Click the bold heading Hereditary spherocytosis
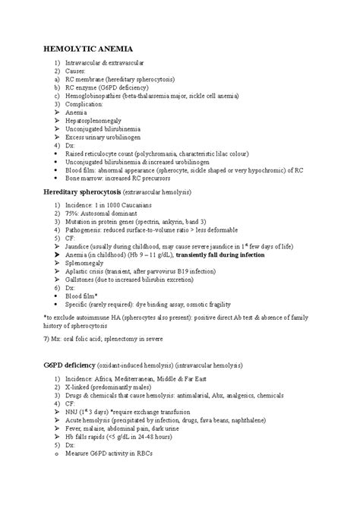pos(90,192)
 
